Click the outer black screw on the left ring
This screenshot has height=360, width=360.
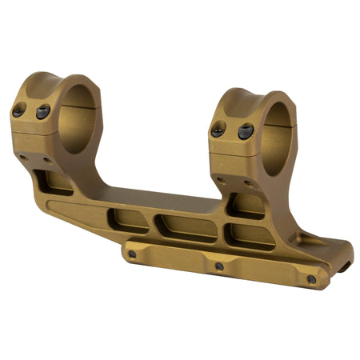tap(18, 112)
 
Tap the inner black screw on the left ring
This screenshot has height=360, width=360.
tap(42, 111)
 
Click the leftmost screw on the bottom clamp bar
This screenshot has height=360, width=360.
tap(132, 254)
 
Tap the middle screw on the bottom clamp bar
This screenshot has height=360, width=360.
tap(218, 266)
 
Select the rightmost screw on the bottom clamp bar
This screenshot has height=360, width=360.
tap(311, 279)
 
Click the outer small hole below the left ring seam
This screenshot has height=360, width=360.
tap(23, 157)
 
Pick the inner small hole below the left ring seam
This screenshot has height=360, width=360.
tap(47, 160)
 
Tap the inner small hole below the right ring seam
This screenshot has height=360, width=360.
tap(248, 183)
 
